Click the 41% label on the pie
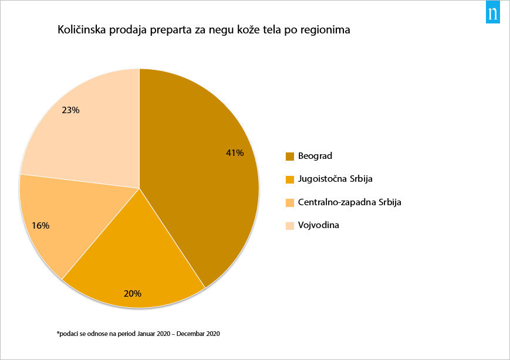[x=235, y=153]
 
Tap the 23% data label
[x=70, y=110]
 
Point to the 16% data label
[x=41, y=225]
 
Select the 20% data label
[x=132, y=293]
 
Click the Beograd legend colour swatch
[x=289, y=156]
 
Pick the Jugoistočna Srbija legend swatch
[x=289, y=179]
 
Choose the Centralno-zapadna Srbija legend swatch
[x=289, y=202]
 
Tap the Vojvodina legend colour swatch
[x=289, y=225]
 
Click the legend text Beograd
[x=315, y=156]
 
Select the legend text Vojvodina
[x=319, y=225]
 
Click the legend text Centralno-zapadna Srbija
[x=349, y=202]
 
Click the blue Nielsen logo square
[x=492, y=13]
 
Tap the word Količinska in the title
[x=81, y=30]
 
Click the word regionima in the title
[x=325, y=30]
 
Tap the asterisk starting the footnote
[x=58, y=333]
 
